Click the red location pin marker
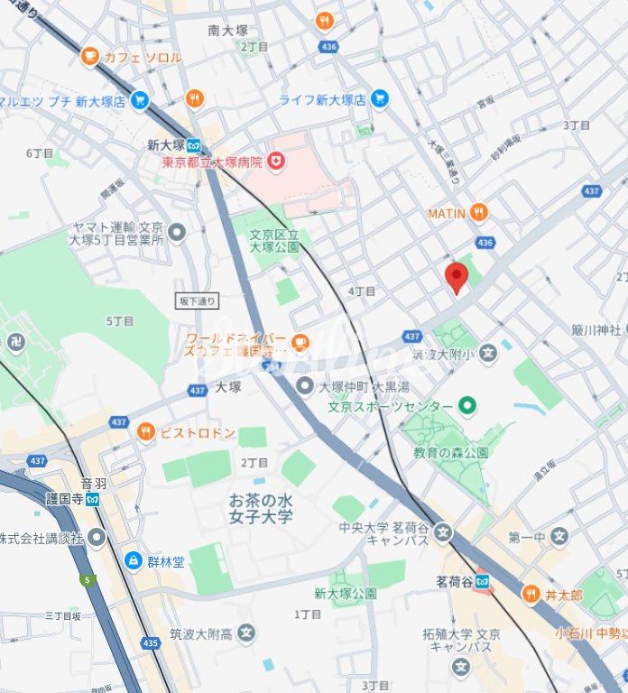[457, 278]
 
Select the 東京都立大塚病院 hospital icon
[275, 162]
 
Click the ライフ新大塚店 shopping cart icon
[380, 100]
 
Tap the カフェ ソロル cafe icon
[90, 57]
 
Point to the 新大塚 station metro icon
[195, 144]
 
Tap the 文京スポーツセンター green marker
[466, 406]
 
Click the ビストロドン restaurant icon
[145, 433]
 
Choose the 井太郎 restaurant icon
[531, 596]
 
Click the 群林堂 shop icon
[134, 561]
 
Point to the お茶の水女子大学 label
[261, 508]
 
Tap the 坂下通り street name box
[196, 300]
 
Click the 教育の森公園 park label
[450, 452]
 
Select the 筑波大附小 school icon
[488, 352]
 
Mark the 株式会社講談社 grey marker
[96, 538]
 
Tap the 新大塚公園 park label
[345, 594]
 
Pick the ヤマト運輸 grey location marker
[177, 234]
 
